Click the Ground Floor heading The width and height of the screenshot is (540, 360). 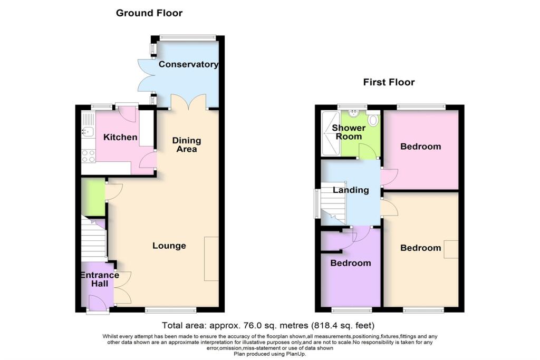[x=149, y=13]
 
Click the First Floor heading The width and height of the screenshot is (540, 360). [x=389, y=82]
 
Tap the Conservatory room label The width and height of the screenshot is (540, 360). [x=188, y=65]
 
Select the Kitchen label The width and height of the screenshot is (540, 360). [x=120, y=138]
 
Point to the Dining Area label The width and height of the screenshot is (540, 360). [x=187, y=145]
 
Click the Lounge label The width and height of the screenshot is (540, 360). [x=169, y=246]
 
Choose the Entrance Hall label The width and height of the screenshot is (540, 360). [x=99, y=279]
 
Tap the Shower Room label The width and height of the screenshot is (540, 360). [x=349, y=132]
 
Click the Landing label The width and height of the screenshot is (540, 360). [x=351, y=190]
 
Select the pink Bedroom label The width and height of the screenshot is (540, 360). [x=420, y=147]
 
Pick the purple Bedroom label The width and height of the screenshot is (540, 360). [x=351, y=263]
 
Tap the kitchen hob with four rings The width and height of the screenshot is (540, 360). [x=88, y=155]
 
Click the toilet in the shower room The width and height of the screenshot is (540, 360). [x=374, y=120]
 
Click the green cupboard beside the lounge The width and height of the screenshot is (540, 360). [x=93, y=197]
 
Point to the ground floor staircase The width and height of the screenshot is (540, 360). [x=94, y=240]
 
